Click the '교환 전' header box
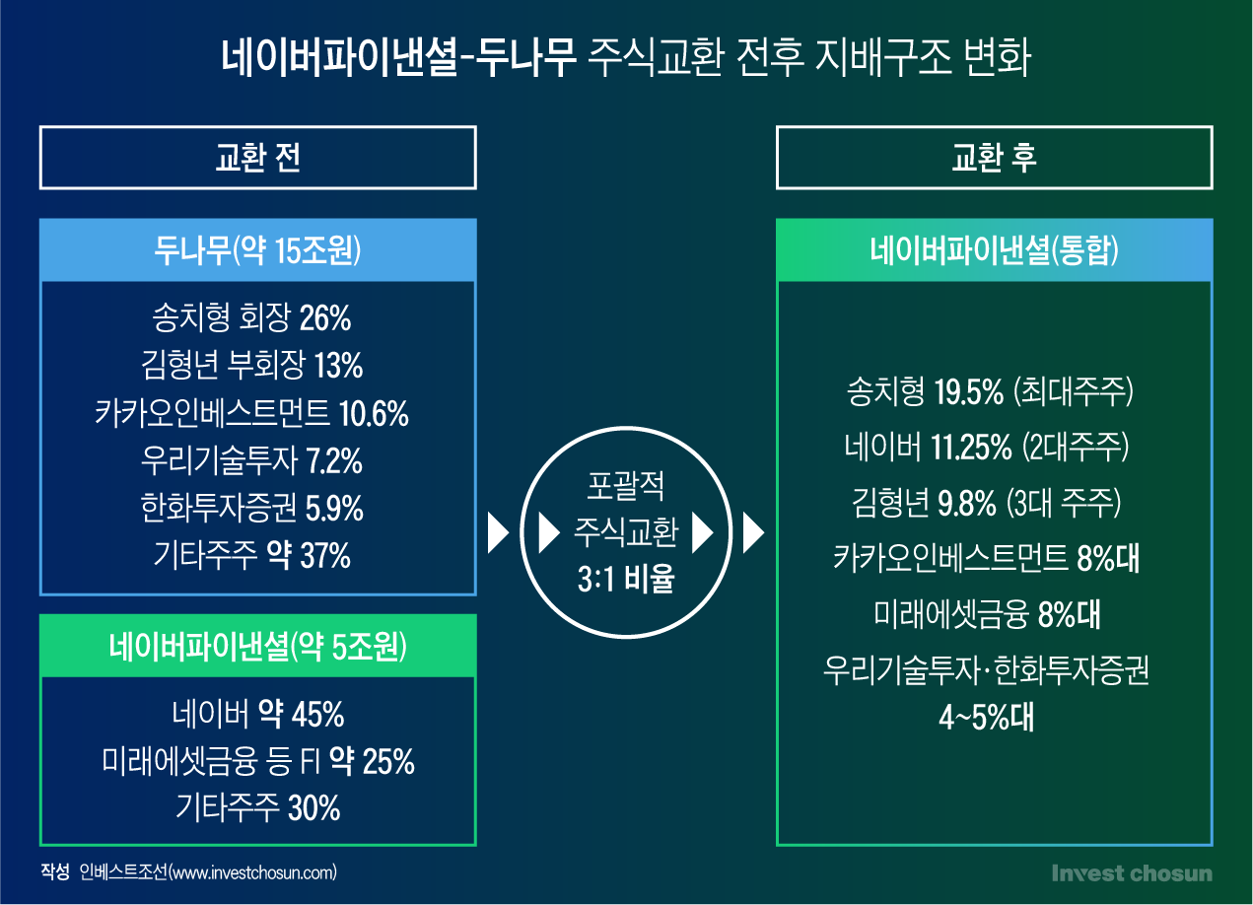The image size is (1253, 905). [258, 158]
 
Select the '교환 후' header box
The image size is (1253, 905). [994, 158]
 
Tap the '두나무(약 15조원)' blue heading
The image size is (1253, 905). [258, 250]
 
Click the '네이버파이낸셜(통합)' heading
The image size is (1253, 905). [994, 250]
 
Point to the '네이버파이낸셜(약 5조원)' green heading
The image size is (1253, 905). [258, 646]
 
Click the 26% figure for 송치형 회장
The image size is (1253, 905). [325, 318]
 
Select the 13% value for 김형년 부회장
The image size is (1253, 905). [338, 366]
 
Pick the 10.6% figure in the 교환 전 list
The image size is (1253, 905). [374, 414]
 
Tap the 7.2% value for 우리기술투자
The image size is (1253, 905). [334, 461]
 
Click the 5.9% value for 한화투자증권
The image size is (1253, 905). [334, 509]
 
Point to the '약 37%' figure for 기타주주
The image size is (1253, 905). [309, 555]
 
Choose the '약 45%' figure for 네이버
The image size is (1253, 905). [301, 715]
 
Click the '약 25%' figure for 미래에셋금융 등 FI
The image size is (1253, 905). [372, 761]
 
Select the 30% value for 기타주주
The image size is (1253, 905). [313, 808]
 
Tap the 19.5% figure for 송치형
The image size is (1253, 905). [969, 391]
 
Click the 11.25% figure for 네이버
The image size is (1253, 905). [971, 447]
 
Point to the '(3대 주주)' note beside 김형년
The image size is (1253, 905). [1064, 503]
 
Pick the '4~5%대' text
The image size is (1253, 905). [987, 718]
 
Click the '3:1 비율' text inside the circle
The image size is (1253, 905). [626, 579]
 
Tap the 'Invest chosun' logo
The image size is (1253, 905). [1132, 873]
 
